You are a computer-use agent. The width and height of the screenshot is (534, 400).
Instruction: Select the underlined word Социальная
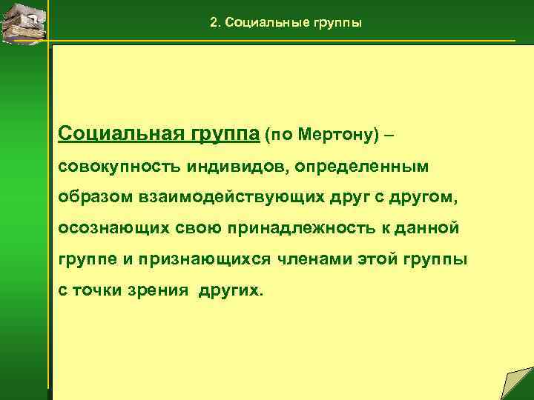pos(111,135)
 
